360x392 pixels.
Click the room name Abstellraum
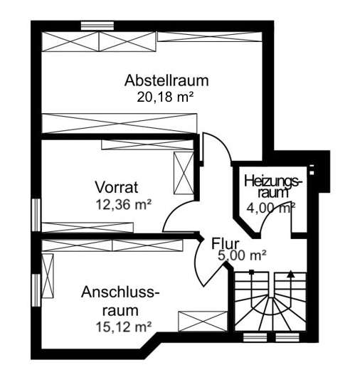(166, 81)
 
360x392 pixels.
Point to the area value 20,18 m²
(165, 97)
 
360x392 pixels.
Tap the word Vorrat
(117, 187)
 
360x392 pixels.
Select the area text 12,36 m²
(124, 204)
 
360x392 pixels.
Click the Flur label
(226, 243)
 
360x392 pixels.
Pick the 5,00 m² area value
(242, 255)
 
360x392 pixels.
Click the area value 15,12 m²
(124, 327)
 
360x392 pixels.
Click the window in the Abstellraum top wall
(97, 26)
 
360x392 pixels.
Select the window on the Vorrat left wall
(36, 215)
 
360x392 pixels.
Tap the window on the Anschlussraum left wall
(36, 290)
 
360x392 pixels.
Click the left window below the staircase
(255, 337)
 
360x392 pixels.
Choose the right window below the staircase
(287, 337)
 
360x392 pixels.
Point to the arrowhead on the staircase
(290, 274)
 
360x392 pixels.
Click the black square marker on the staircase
(251, 272)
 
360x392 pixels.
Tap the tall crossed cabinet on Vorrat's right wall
(184, 173)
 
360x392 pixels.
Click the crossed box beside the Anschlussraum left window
(48, 276)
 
